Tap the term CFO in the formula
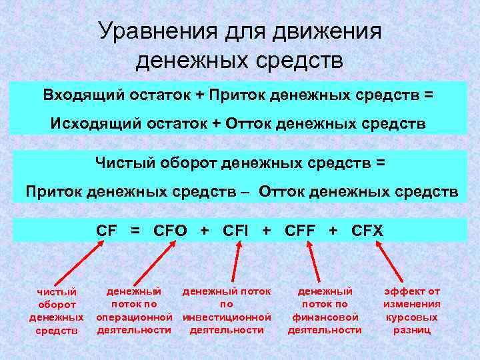[x=172, y=231]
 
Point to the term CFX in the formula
[x=367, y=231]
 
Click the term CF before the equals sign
[x=107, y=231]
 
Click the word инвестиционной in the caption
[x=227, y=317]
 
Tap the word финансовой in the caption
[x=325, y=317]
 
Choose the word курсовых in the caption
[x=411, y=317]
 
